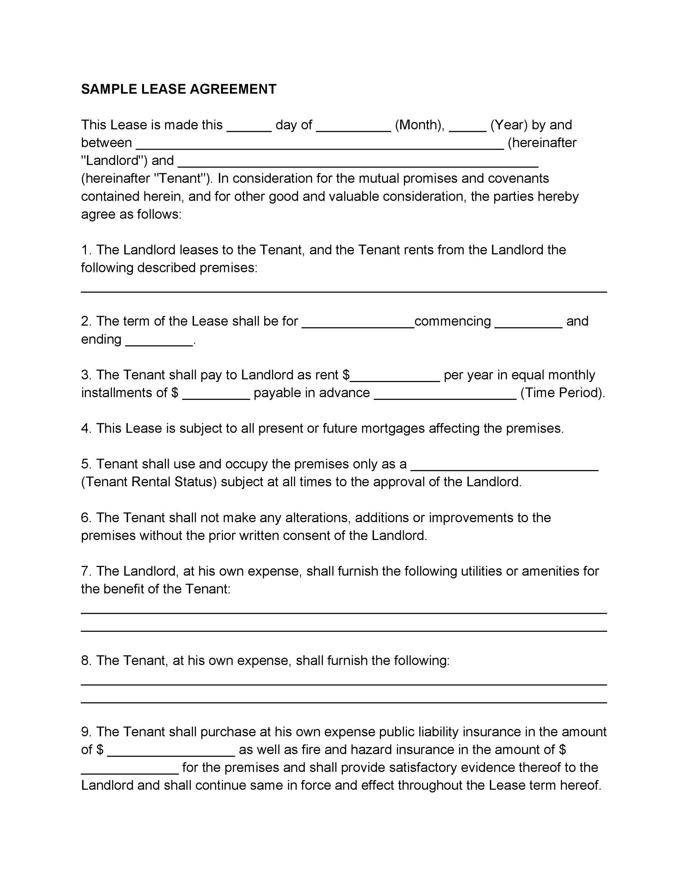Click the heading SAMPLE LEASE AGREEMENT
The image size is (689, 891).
tap(178, 89)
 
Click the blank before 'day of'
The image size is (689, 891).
tap(249, 129)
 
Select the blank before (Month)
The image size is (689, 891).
tap(353, 129)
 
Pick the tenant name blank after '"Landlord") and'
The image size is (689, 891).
tap(358, 164)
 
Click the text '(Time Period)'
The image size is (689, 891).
tap(562, 392)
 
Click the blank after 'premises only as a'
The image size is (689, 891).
tap(504, 468)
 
